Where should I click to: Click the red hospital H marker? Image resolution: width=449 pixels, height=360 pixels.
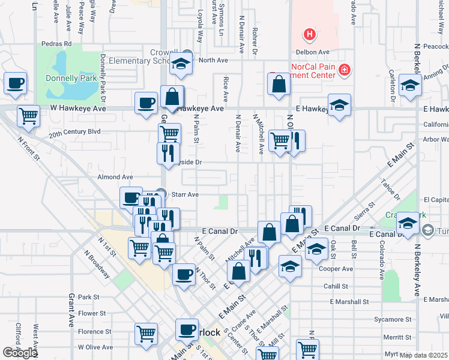(310, 35)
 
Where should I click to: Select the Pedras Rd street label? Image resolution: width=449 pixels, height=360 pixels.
(56, 44)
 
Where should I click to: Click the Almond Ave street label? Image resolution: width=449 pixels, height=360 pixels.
(115, 177)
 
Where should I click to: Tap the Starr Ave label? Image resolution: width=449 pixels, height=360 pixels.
(185, 194)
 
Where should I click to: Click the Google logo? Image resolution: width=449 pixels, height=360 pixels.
(20, 353)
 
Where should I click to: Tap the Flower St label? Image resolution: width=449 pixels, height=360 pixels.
(91, 313)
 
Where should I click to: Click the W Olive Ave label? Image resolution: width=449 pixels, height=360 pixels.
(96, 347)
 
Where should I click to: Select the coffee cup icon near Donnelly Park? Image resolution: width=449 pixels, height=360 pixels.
(16, 84)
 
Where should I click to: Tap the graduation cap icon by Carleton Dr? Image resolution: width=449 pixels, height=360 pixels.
(410, 85)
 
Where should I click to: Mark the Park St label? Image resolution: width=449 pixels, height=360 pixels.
(88, 297)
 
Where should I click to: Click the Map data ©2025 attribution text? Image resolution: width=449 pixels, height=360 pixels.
(423, 355)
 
